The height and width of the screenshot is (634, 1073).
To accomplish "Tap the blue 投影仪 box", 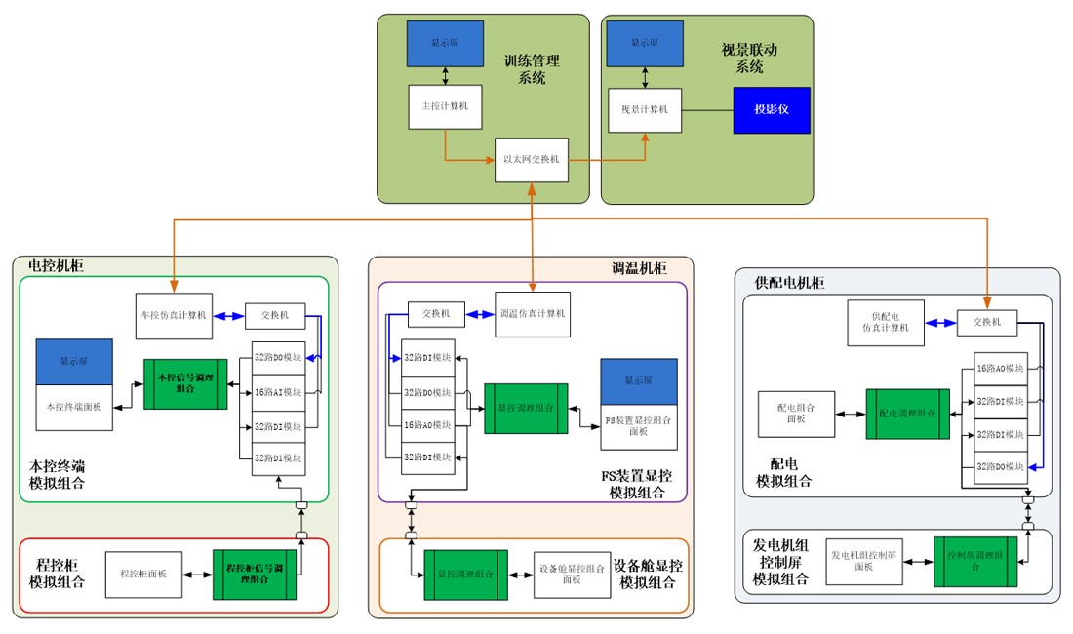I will (x=772, y=109).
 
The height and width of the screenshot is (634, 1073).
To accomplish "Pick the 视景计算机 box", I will (x=645, y=110).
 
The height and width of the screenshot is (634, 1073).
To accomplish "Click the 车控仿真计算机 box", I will (x=177, y=314).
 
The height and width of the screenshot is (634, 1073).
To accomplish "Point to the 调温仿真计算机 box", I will (x=532, y=314).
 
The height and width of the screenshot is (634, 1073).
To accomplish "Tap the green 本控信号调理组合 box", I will (x=185, y=383).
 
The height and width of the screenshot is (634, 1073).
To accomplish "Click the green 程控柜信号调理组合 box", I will (x=254, y=574).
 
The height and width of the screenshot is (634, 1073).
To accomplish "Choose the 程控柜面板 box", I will (x=143, y=575).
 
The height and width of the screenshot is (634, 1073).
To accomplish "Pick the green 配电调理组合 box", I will (x=907, y=414).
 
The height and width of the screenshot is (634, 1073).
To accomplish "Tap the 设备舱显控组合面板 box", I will (x=571, y=575).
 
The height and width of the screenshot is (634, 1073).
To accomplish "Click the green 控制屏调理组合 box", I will (x=975, y=561).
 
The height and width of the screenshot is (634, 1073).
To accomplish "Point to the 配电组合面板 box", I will (x=796, y=414).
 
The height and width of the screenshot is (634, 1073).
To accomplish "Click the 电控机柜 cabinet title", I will (x=56, y=264).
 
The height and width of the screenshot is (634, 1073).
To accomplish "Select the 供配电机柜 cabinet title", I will (x=790, y=283).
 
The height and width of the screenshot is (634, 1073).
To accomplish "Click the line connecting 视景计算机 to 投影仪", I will (x=706, y=109).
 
